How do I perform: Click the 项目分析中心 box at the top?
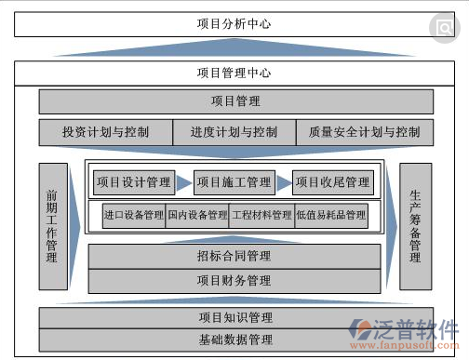[234, 24]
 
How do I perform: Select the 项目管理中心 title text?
[234, 72]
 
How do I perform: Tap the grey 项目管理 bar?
[234, 101]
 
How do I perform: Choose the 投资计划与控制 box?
[105, 132]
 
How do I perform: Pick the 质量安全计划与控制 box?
[364, 132]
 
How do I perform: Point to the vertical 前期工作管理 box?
[52, 225]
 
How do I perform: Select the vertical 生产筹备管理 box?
[415, 225]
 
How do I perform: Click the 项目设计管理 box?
[134, 182]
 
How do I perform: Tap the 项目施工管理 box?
[234, 182]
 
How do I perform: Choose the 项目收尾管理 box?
[332, 182]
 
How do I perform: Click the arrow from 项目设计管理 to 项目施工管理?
[184, 182]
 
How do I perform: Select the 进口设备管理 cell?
[134, 216]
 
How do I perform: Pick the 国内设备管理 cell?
[197, 216]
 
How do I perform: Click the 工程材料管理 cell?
[261, 216]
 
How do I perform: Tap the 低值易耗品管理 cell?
[330, 216]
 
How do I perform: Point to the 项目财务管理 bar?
[234, 280]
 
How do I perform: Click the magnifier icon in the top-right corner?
[445, 28]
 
